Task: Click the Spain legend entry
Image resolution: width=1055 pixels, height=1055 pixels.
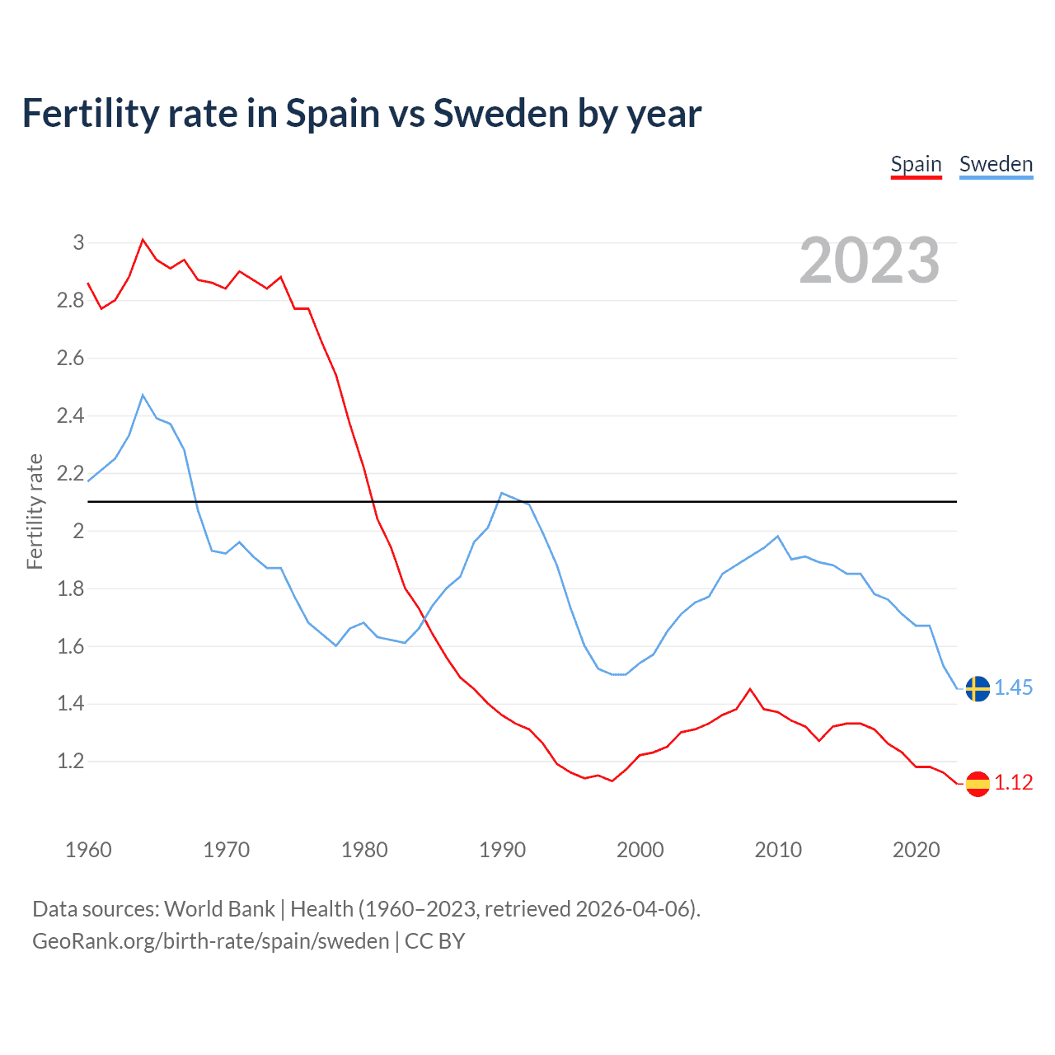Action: pos(916,164)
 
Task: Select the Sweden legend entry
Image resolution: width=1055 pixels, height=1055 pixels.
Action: pos(996,164)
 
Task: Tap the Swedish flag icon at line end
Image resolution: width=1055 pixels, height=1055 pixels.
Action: pos(978,688)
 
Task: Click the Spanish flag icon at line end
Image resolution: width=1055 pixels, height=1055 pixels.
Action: pos(978,783)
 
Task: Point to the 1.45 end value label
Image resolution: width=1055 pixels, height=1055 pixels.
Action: pos(1013,687)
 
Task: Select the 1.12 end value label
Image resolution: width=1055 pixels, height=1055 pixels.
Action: pos(1013,782)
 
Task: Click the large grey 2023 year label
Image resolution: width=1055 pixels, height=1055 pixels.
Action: pos(870,260)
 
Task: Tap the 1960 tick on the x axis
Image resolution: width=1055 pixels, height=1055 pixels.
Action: pos(88,850)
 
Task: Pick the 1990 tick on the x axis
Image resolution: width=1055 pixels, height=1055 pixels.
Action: pos(502,850)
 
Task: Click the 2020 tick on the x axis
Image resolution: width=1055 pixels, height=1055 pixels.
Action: pos(916,850)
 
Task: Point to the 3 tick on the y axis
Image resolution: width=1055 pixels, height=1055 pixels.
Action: pos(78,242)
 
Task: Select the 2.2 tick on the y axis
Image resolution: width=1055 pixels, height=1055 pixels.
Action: pos(71,473)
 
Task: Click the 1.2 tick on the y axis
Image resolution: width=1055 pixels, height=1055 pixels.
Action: pos(71,761)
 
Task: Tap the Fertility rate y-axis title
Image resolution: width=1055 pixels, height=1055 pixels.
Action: pos(35,511)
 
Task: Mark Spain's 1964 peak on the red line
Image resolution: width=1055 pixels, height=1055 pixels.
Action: pos(143,240)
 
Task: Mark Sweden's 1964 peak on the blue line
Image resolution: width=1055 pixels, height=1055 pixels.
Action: pos(143,395)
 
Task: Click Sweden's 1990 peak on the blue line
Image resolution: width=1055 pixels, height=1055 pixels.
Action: pos(502,493)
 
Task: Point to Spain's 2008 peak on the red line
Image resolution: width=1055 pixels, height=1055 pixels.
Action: pos(750,689)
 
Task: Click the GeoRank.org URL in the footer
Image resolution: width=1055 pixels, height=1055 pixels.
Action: pos(210,940)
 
